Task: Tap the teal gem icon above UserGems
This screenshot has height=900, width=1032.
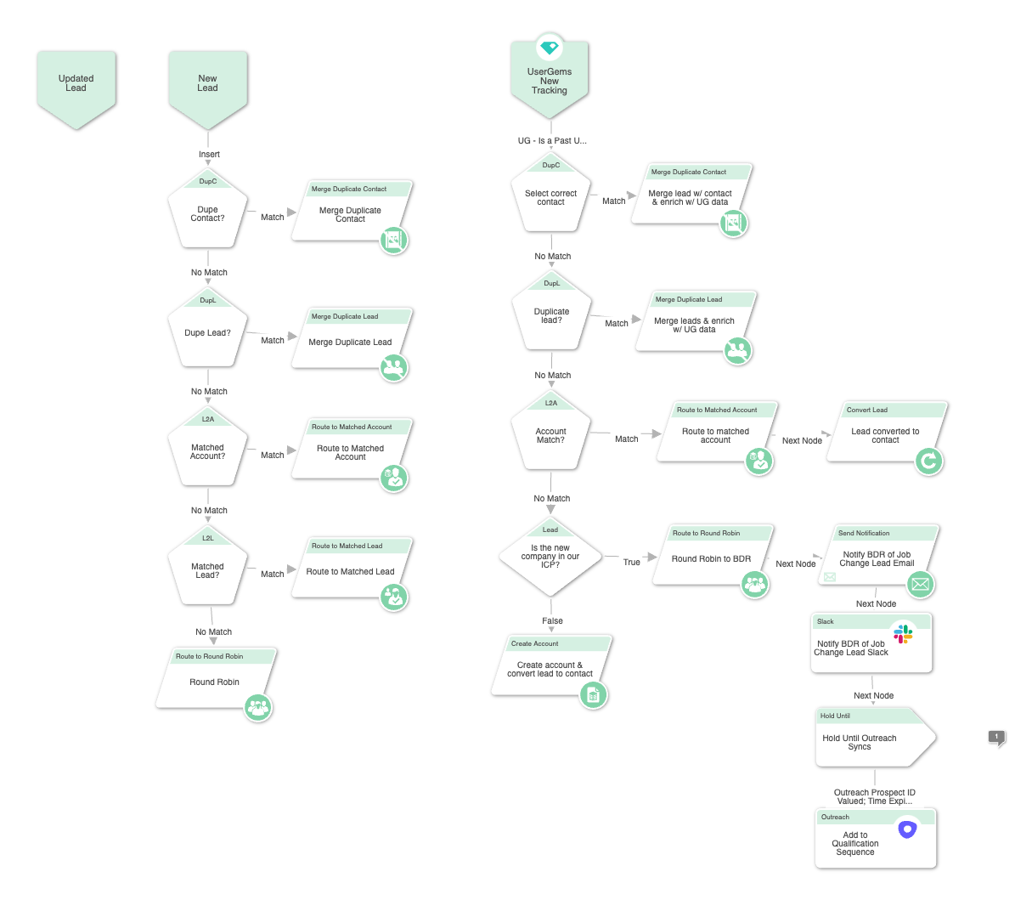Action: [x=550, y=48]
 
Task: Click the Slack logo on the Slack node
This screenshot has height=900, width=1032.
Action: [x=903, y=634]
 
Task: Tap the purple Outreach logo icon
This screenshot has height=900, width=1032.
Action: [x=907, y=829]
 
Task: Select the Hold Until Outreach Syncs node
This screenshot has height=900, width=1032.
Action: [x=875, y=738]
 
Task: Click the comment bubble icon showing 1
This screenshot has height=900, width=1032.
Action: [x=996, y=738]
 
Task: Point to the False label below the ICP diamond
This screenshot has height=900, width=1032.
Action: [x=552, y=620]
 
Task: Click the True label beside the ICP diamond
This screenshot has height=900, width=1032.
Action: [x=631, y=562]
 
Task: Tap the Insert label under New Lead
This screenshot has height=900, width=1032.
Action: [x=209, y=155]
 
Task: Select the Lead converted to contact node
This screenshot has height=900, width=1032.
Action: [x=885, y=432]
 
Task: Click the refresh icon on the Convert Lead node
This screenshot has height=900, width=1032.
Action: [x=929, y=461]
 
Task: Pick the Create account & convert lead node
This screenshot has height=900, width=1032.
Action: [x=550, y=665]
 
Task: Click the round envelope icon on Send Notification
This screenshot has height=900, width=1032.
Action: [x=921, y=584]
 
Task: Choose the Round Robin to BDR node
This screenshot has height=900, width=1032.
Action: [x=713, y=555]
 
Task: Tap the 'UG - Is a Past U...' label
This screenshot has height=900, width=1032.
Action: [x=552, y=141]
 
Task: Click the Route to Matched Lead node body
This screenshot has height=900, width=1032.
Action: [x=351, y=568]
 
